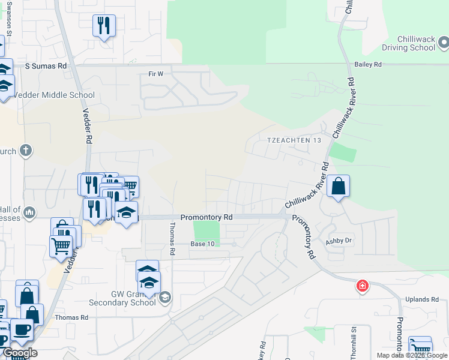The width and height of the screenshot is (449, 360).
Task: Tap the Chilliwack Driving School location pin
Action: [x=444, y=42]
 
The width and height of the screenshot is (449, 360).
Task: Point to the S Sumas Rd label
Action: [x=46, y=65]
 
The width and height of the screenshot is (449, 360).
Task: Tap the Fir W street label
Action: [x=155, y=74]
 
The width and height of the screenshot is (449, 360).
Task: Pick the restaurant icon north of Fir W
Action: [x=104, y=26]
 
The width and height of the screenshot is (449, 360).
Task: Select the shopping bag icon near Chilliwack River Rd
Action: [x=339, y=186]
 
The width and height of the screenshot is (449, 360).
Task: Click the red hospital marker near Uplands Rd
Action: [x=362, y=286]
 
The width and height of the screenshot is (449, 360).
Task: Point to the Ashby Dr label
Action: [x=338, y=242]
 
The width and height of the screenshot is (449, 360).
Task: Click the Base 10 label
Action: [x=202, y=244]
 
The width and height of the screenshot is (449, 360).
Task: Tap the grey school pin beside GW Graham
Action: [x=164, y=297]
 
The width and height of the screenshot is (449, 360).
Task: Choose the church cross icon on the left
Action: [x=25, y=150]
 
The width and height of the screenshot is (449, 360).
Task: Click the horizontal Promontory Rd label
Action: [x=206, y=217]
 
